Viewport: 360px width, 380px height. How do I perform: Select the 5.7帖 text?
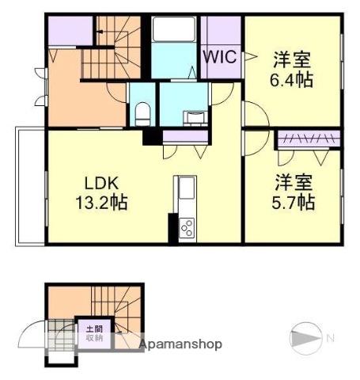coord(294,201)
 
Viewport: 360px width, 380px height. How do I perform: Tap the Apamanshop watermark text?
coord(180,344)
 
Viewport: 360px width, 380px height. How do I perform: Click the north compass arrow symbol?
coord(307,338)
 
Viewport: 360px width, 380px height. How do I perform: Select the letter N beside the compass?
coord(331,338)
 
